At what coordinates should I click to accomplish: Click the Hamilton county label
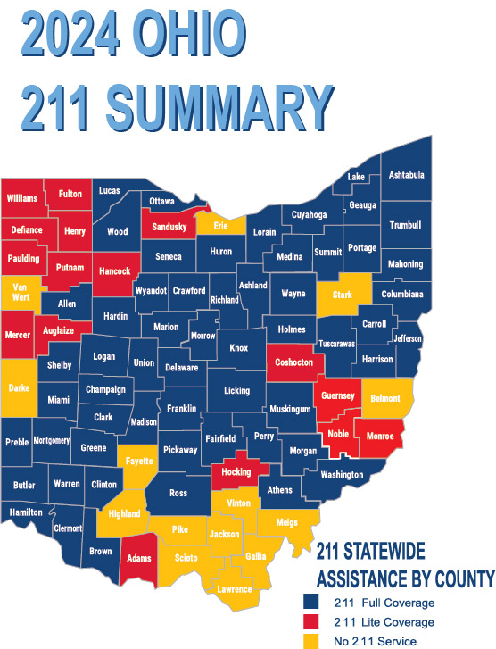(26, 512)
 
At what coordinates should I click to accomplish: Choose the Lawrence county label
(236, 589)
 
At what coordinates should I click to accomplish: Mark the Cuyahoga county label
(310, 215)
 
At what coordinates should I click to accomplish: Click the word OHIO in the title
(188, 34)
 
